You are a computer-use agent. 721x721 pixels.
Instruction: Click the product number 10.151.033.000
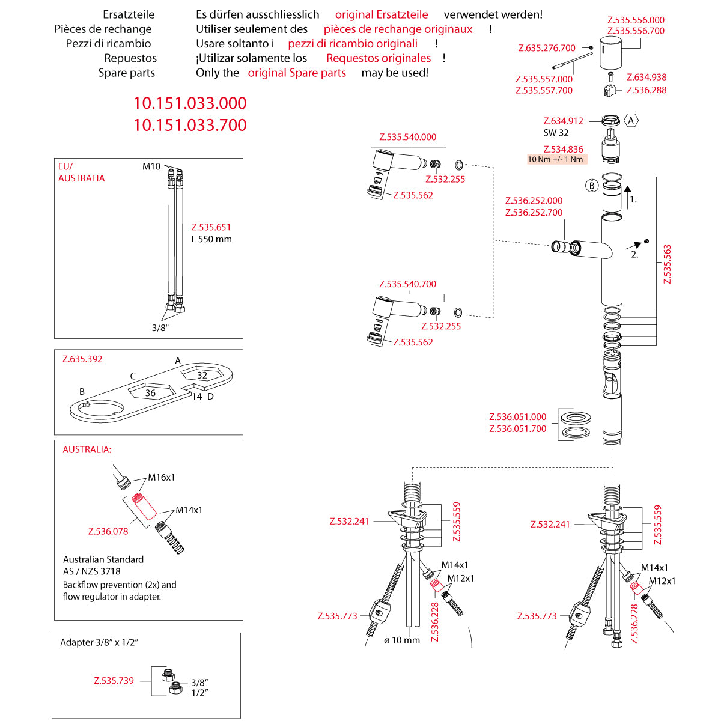190,103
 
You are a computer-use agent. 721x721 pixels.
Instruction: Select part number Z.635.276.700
547,48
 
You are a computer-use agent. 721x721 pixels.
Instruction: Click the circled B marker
592,186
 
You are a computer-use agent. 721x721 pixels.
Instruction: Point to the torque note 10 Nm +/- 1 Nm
556,160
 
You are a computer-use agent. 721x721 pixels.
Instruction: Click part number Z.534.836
563,150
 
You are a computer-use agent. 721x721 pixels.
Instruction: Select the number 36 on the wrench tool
150,393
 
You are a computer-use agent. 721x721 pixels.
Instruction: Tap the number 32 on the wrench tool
202,376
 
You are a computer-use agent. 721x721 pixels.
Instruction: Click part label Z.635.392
82,359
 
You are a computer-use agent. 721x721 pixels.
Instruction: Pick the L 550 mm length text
211,239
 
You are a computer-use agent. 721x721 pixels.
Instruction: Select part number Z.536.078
108,531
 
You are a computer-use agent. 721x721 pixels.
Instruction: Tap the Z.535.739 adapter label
114,681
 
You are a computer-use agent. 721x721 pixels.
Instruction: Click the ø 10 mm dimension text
402,640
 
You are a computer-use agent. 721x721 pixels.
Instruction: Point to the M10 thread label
151,166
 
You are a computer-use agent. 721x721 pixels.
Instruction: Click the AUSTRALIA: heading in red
87,449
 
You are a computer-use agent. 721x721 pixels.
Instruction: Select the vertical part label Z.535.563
667,264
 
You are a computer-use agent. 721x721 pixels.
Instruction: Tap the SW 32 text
556,133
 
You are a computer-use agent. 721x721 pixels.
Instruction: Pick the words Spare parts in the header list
126,73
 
